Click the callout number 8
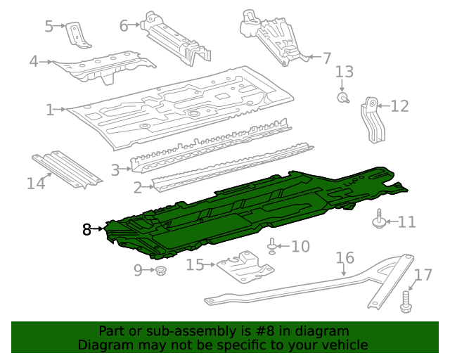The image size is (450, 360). tap(86, 229)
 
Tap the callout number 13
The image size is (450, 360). tap(344, 72)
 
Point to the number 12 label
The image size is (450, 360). tap(399, 106)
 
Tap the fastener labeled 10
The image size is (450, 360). tap(272, 246)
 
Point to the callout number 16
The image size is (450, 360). tap(345, 258)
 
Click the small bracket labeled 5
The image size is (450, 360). tap(76, 34)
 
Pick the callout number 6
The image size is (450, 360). tap(124, 26)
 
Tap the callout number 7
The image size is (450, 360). tap(326, 57)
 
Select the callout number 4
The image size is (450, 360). tap(33, 62)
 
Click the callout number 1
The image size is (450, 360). tap(50, 110)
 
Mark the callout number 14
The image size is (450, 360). tap(36, 184)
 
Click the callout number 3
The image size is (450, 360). tap(115, 169)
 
